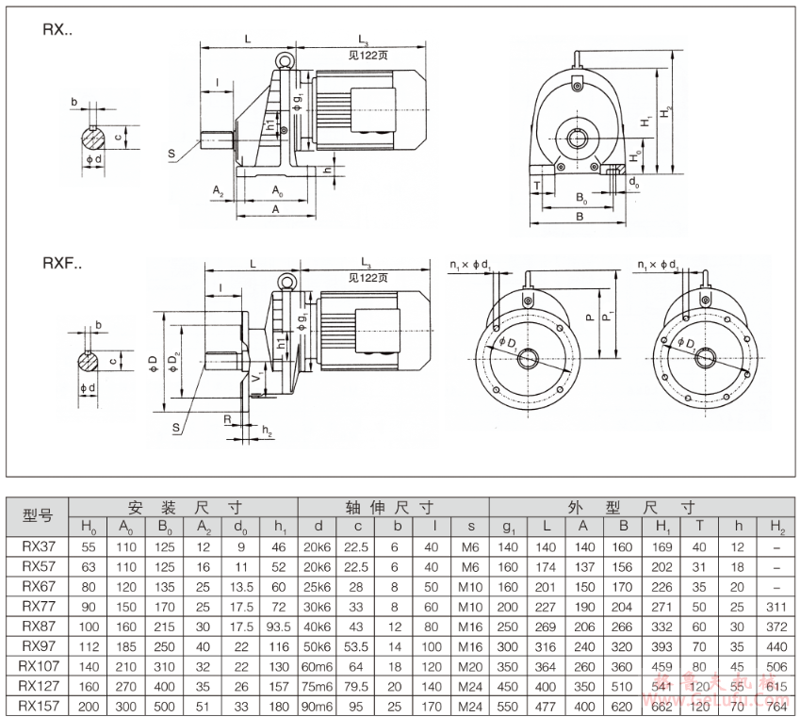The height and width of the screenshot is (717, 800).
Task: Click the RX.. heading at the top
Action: click(x=57, y=29)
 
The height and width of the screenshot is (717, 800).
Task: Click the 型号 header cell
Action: click(x=38, y=515)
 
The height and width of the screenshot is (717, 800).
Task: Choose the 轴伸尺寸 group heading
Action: click(x=393, y=505)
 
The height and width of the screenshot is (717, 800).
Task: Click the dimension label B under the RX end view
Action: click(x=580, y=217)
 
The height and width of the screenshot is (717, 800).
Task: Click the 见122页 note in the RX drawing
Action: click(x=368, y=54)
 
